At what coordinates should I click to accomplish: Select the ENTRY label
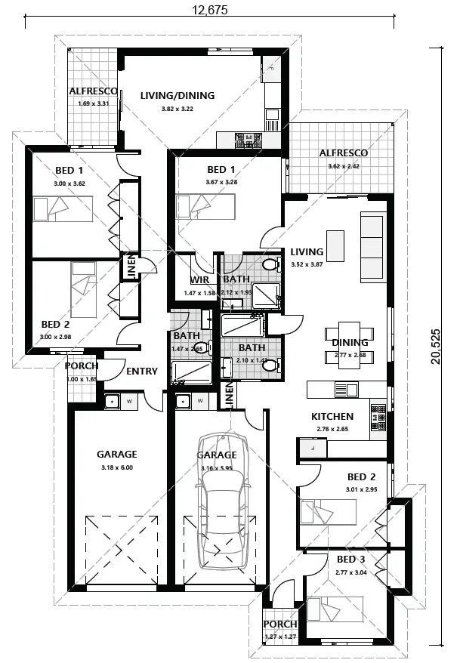(142, 371)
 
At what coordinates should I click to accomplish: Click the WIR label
(199, 280)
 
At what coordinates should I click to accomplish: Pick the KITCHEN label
(332, 416)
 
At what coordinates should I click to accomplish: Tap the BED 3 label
(350, 560)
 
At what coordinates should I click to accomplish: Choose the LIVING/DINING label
(178, 96)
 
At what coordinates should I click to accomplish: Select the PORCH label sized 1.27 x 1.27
(280, 624)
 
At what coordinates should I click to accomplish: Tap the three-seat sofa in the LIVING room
(372, 246)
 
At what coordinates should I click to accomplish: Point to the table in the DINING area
(350, 343)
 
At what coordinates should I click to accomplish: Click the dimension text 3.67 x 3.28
(221, 182)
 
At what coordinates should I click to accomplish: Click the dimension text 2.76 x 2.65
(332, 428)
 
